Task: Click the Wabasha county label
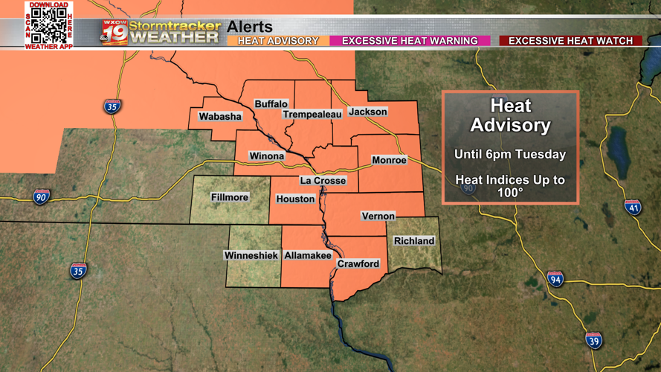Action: click(220, 117)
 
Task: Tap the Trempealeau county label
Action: click(312, 115)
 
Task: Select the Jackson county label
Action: click(368, 112)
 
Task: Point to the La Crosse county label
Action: click(323, 181)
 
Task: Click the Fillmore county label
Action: click(230, 197)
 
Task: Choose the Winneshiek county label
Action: click(251, 255)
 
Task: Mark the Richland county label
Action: click(414, 241)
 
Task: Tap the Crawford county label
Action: click(358, 264)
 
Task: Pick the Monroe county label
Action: click(389, 160)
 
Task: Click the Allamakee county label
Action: click(308, 255)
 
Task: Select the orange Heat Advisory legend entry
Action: click(277, 41)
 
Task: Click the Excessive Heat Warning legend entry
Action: click(410, 41)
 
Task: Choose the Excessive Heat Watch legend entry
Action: click(570, 41)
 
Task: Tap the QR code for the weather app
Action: click(49, 26)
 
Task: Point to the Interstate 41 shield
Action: click(633, 207)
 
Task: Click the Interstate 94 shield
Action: click(555, 279)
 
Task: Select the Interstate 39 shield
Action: click(593, 341)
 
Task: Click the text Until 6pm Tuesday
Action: click(510, 155)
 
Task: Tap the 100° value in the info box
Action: click(510, 193)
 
